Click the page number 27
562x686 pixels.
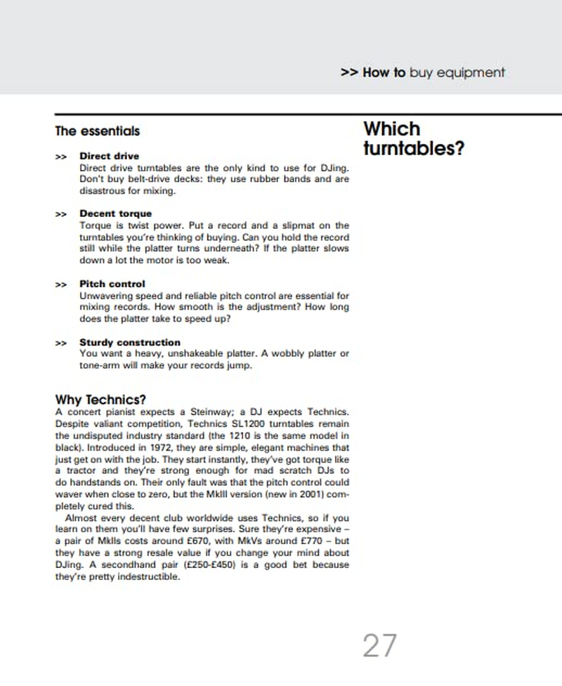tap(380, 645)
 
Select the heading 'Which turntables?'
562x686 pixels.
tap(413, 138)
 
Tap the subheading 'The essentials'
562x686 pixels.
tap(97, 131)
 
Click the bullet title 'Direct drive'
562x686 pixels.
tap(109, 156)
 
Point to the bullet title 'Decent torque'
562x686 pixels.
tap(115, 213)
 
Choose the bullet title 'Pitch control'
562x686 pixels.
tap(112, 284)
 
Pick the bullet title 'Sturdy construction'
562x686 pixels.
tap(130, 343)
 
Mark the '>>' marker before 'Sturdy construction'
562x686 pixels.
tap(61, 343)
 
